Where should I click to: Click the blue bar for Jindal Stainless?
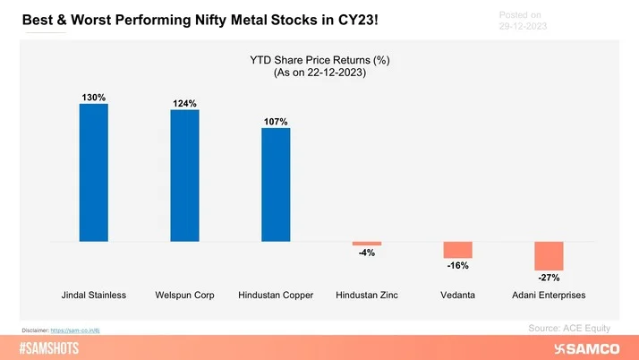[x=93, y=173]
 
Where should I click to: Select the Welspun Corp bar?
[x=184, y=176]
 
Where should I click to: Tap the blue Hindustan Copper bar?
[x=276, y=184]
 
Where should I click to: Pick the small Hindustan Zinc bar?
[x=367, y=244]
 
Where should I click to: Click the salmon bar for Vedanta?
[x=458, y=250]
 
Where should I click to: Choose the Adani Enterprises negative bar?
[x=550, y=256]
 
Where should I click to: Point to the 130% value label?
[x=93, y=96]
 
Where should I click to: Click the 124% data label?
[x=184, y=102]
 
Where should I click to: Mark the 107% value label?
[x=276, y=120]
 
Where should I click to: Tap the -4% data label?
[x=367, y=253]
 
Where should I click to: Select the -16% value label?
[x=458, y=266]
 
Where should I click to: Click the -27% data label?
[x=550, y=279]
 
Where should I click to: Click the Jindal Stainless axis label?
[x=93, y=295]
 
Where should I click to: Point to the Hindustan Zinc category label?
[x=367, y=295]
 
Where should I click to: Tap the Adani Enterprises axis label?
[x=550, y=295]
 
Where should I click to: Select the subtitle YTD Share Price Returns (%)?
[x=319, y=61]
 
